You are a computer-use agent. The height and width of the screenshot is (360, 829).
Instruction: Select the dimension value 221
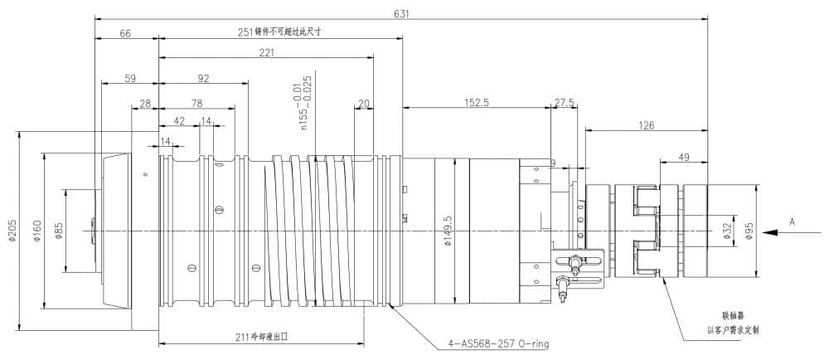(x=266, y=52)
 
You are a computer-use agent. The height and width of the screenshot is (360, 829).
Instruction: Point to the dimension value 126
(x=647, y=125)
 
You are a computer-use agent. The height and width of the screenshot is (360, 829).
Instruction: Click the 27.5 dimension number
(x=564, y=102)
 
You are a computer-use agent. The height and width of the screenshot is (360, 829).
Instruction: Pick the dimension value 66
(x=126, y=33)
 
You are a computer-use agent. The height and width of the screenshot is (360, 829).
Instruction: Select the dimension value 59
(x=130, y=79)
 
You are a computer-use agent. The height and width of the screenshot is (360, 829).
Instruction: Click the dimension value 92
(x=204, y=79)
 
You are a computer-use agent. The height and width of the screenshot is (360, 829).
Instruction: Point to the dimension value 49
(x=684, y=155)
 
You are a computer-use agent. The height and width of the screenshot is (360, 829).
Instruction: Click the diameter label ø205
(x=12, y=231)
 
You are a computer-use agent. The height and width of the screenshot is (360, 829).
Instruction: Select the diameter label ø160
(x=36, y=231)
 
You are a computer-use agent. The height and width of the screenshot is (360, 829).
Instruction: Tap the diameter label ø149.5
(x=448, y=231)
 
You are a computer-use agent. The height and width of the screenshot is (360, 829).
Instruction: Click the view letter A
(x=792, y=221)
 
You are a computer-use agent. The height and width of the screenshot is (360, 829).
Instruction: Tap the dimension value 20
(x=363, y=103)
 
